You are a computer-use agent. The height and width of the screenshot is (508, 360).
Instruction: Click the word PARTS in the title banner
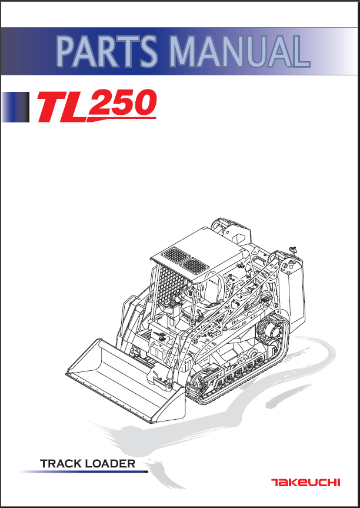(x=107, y=51)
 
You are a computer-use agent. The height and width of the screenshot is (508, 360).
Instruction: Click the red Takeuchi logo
(x=306, y=483)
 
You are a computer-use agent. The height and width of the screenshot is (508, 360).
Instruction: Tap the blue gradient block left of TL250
(x=15, y=107)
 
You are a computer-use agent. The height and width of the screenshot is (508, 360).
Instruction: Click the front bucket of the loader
(x=126, y=381)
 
